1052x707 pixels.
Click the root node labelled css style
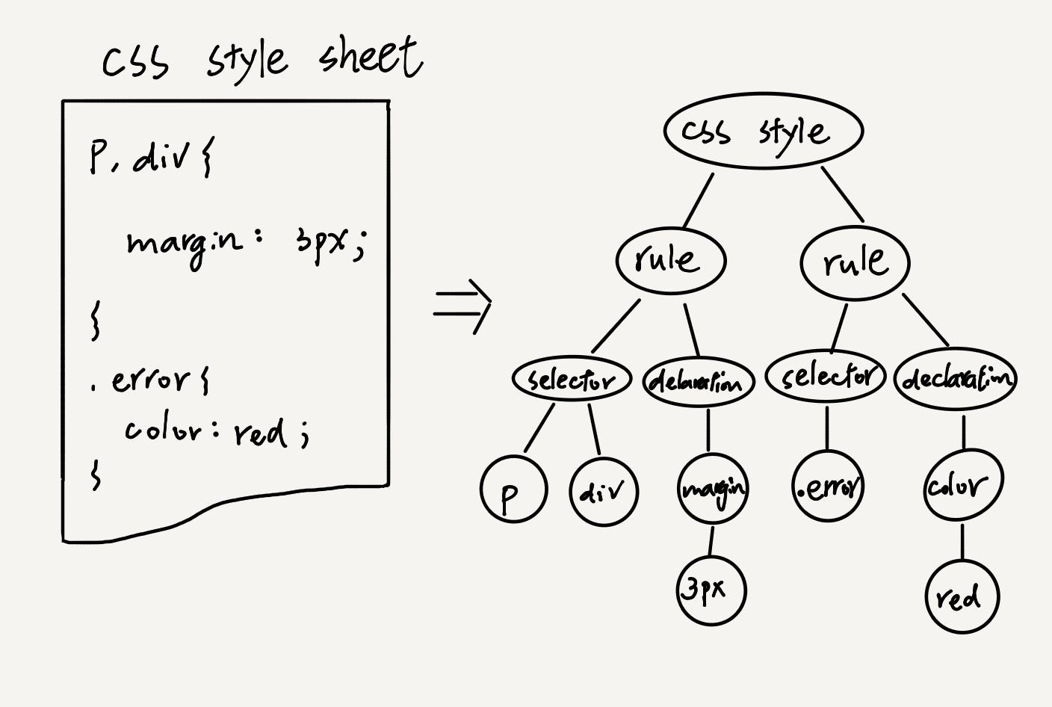pos(763,132)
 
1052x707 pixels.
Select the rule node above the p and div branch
pos(670,260)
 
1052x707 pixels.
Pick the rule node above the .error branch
pos(855,262)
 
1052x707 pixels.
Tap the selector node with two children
pos(572,380)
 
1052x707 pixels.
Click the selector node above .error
pos(826,376)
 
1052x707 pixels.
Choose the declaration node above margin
pos(699,382)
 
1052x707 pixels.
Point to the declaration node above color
pos(956,380)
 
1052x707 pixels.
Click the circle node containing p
pos(513,490)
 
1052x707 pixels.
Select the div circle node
pos(604,492)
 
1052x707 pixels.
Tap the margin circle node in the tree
pos(713,490)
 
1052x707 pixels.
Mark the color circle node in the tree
pos(962,487)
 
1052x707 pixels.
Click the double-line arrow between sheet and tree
pos(463,305)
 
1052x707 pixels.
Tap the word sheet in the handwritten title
pos(371,58)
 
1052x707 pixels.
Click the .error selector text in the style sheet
pos(149,380)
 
